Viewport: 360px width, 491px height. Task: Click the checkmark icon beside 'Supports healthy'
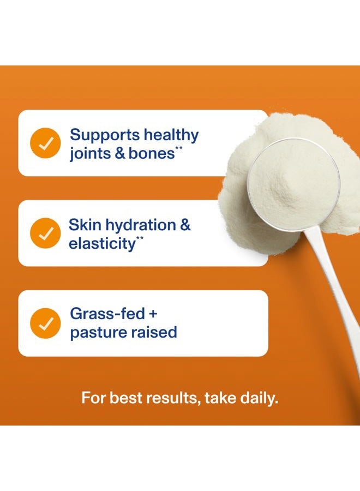coord(45,143)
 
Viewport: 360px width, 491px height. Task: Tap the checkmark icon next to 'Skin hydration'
coord(45,233)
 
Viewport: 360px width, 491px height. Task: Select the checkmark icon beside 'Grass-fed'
coord(45,324)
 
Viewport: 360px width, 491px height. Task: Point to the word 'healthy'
coord(171,135)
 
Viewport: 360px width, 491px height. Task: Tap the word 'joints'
coord(88,154)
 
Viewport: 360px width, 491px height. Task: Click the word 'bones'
coord(152,154)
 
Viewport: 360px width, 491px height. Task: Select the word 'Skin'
coord(83,225)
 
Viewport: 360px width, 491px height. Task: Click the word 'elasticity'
coord(101,244)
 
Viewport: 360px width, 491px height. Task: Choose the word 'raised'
coord(156,332)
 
